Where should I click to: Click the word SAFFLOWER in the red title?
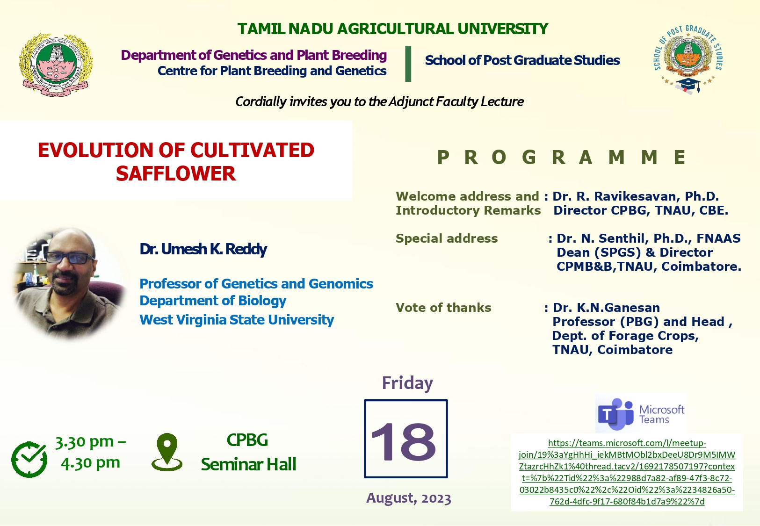pyautogui.click(x=176, y=173)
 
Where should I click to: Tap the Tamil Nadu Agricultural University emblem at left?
pyautogui.click(x=56, y=65)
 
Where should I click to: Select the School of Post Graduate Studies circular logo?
pyautogui.click(x=688, y=59)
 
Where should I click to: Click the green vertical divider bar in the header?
pyautogui.click(x=408, y=64)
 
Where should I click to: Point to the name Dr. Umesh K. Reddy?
pyautogui.click(x=203, y=249)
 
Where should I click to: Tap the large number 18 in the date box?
pyautogui.click(x=404, y=442)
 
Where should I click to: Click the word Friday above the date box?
pyautogui.click(x=407, y=383)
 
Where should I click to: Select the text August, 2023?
pyautogui.click(x=409, y=498)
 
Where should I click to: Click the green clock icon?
pyautogui.click(x=29, y=460)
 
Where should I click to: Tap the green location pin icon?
pyautogui.click(x=167, y=452)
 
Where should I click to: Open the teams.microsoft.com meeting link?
pyautogui.click(x=627, y=472)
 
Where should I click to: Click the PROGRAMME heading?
pyautogui.click(x=562, y=158)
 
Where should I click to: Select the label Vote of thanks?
pyautogui.click(x=443, y=308)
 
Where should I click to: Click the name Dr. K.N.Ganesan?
pyautogui.click(x=606, y=308)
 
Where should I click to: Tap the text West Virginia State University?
pyautogui.click(x=237, y=320)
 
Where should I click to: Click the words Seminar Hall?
pyautogui.click(x=249, y=464)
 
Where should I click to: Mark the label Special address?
pyautogui.click(x=447, y=238)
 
